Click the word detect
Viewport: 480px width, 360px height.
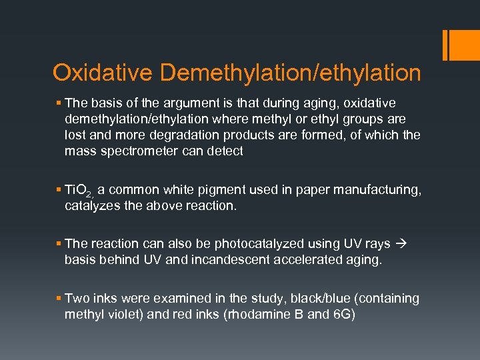(225, 151)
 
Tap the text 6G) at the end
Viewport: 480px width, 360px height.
(343, 315)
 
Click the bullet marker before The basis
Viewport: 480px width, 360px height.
(59, 103)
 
